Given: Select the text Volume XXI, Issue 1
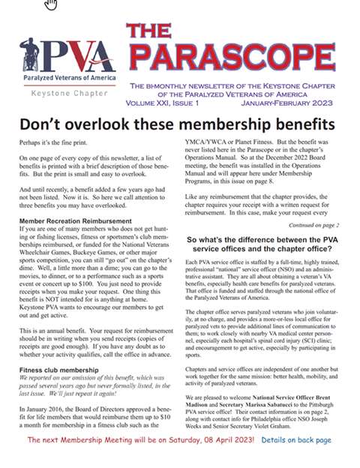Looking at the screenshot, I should point(167,102).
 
